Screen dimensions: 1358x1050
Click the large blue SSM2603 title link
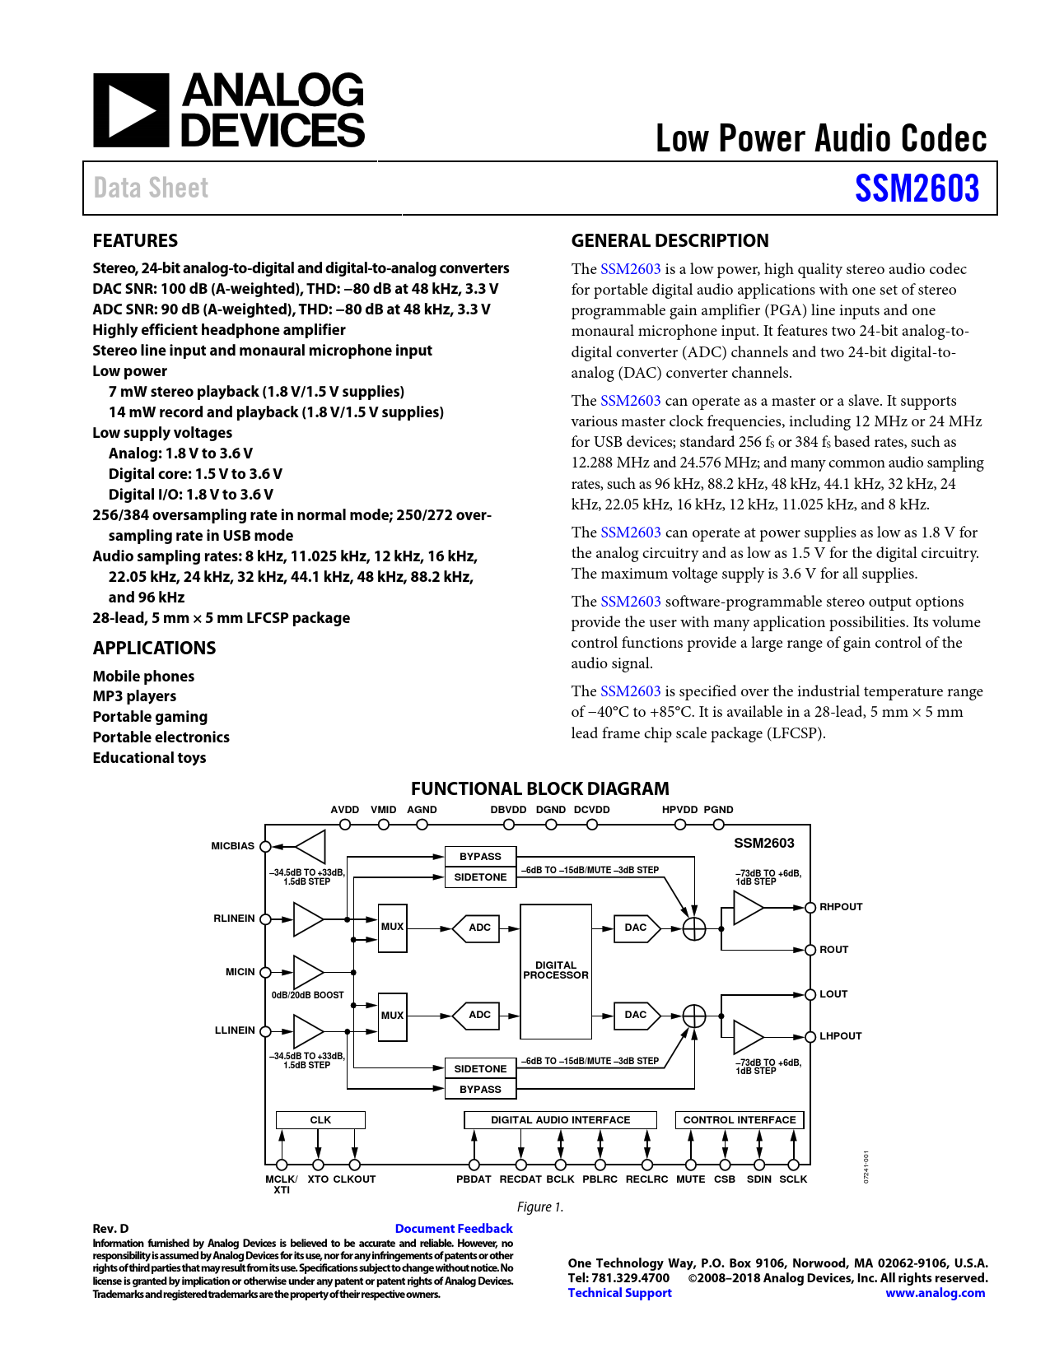[x=917, y=188]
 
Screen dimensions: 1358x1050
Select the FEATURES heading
[x=135, y=240]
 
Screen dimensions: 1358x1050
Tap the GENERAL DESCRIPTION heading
[x=670, y=240]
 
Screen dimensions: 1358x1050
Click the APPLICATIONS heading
[x=154, y=648]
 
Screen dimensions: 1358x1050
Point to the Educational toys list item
[x=149, y=757]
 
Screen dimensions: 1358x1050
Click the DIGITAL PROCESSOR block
[x=556, y=970]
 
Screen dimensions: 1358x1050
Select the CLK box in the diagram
[x=320, y=1120]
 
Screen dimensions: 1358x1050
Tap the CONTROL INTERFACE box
[x=739, y=1120]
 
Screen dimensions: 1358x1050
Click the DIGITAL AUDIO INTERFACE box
[x=560, y=1120]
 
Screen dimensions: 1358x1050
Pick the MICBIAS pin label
[x=232, y=846]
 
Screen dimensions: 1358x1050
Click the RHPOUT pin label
[x=841, y=907]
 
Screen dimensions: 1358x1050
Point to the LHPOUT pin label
[x=840, y=1036]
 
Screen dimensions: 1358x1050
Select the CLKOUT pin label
[x=354, y=1179]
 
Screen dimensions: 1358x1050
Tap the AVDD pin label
[x=344, y=810]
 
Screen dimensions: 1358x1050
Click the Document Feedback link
[x=454, y=1229]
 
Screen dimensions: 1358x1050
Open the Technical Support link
[x=619, y=1293]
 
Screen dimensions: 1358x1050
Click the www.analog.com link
[x=935, y=1293]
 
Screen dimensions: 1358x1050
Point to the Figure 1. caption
[x=540, y=1207]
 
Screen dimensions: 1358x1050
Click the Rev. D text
[x=110, y=1229]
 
